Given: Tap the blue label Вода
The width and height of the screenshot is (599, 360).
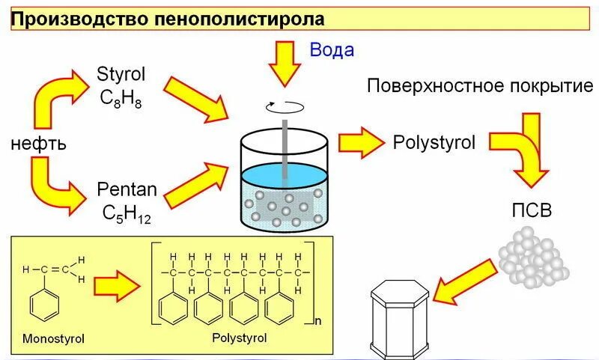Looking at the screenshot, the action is coord(332,50).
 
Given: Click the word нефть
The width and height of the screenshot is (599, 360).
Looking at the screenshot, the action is coord(39,144).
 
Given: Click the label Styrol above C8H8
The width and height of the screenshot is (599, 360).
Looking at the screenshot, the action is coord(121,74).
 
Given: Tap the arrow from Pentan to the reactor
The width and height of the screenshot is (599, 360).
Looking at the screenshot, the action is coord(196,184).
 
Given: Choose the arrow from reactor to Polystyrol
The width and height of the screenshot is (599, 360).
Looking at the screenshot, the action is coord(360,143).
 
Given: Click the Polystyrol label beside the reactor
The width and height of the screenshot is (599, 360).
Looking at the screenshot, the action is coord(434,143).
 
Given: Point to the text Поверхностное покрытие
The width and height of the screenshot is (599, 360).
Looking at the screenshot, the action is coord(480,85).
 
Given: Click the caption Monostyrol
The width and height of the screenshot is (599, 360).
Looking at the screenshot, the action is coord(53,339).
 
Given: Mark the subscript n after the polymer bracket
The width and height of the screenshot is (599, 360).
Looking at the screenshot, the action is coord(318,322).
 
